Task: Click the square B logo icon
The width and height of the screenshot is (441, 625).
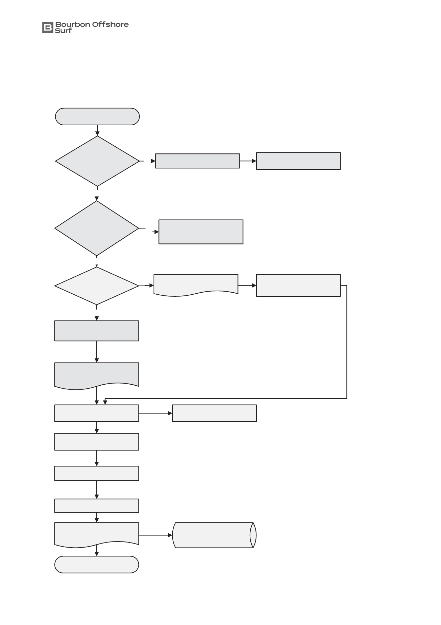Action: tap(48, 27)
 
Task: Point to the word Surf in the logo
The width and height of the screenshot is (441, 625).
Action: tap(63, 31)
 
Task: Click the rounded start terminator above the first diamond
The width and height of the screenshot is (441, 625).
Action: tap(97, 116)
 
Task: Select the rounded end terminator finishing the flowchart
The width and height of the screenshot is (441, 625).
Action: tap(97, 565)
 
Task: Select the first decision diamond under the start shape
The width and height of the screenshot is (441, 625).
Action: tap(97, 161)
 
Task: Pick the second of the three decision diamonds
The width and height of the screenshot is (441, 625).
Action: tap(97, 228)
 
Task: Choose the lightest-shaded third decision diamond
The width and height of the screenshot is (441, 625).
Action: tap(97, 286)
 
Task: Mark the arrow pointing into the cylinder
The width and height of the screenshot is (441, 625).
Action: tap(156, 535)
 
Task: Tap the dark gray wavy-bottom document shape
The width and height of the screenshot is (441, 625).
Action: tap(97, 375)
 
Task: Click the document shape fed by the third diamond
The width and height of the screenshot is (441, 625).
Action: tap(196, 284)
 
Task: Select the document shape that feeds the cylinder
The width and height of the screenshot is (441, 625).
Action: tap(97, 534)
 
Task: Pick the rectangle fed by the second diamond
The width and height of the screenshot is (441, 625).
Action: tap(201, 232)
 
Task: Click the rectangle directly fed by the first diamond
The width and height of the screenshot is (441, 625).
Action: tap(197, 161)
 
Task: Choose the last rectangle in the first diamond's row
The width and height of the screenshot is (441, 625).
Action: tap(298, 161)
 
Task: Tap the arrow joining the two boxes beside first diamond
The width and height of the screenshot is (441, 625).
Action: tap(248, 161)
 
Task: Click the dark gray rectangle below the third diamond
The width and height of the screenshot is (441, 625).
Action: tap(97, 331)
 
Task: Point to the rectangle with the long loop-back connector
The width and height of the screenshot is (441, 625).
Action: tap(298, 286)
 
